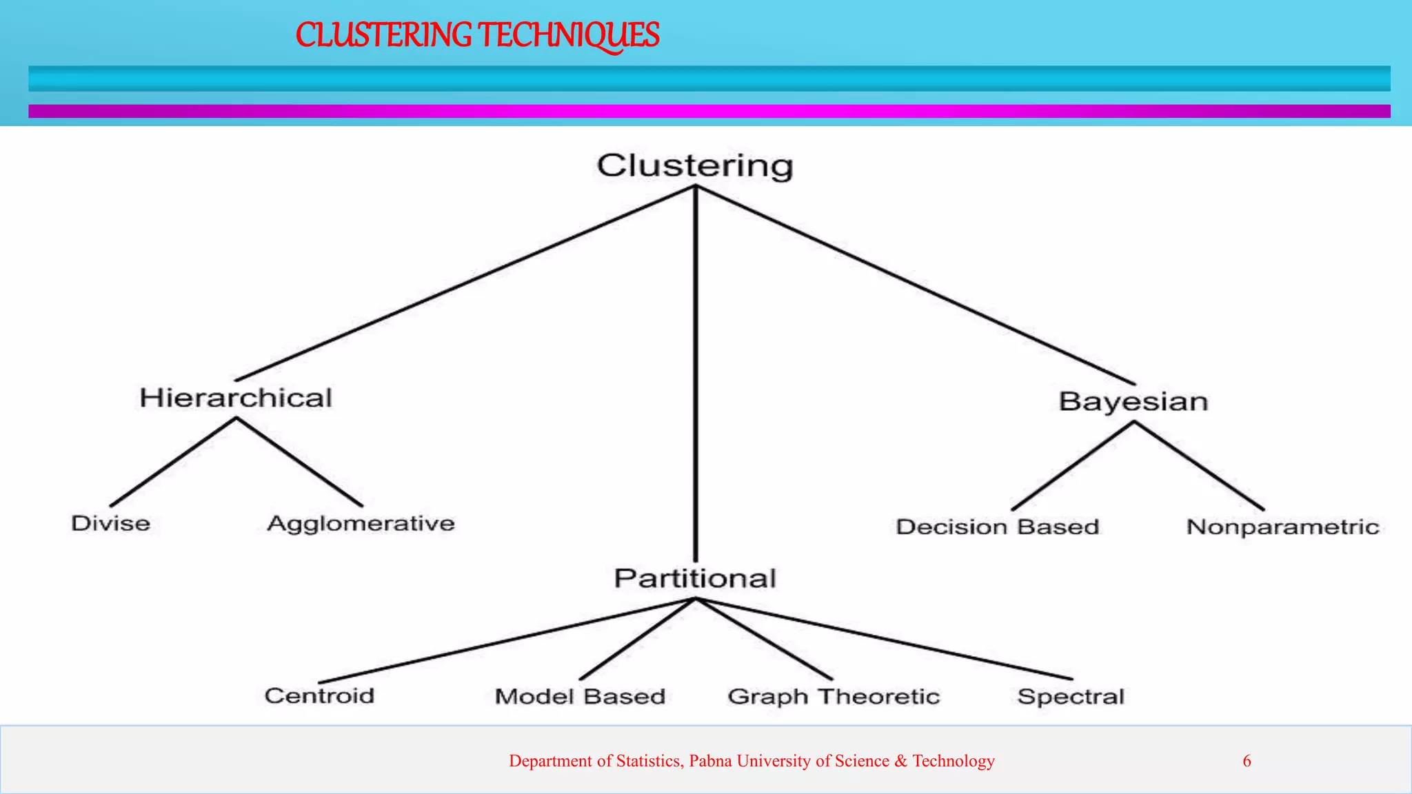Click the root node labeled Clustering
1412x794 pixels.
[x=695, y=166]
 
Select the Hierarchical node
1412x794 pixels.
[x=236, y=398]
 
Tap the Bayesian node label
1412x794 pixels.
[x=1133, y=402]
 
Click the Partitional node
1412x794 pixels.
[x=695, y=578]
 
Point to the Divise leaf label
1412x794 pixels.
[x=111, y=523]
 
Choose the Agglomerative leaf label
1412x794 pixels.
[x=361, y=524]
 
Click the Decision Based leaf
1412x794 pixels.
[x=997, y=527]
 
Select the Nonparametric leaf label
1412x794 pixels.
[x=1282, y=527]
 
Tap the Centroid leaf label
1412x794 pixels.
[x=319, y=695]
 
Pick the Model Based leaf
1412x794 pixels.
[x=580, y=697]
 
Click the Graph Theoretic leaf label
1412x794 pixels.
[x=834, y=697]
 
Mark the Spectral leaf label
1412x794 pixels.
[x=1071, y=697]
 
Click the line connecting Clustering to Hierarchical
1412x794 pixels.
[x=465, y=283]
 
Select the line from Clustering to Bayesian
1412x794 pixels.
[x=915, y=285]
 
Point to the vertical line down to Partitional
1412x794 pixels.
[x=696, y=372]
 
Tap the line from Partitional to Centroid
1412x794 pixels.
[x=507, y=640]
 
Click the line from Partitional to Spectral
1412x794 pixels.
[x=884, y=639]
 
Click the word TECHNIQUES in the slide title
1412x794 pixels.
[x=569, y=35]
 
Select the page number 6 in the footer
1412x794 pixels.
[x=1247, y=761]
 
